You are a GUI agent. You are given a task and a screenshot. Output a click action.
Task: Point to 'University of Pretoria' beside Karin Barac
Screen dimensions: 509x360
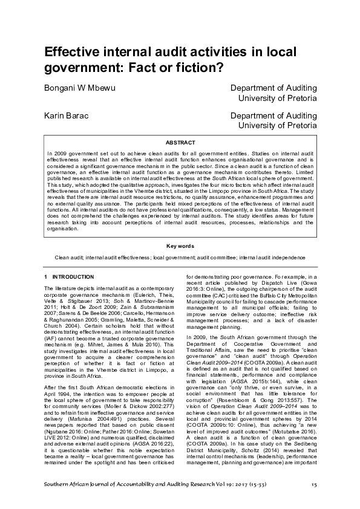click(x=278, y=125)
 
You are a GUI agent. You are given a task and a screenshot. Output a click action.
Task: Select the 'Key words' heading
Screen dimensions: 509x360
click(x=180, y=246)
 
